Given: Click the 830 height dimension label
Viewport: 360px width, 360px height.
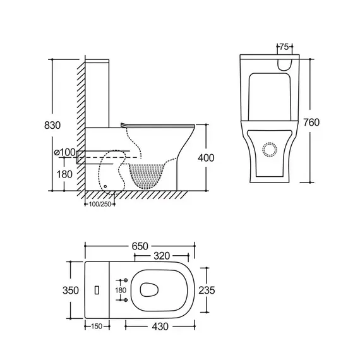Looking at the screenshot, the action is [52, 125].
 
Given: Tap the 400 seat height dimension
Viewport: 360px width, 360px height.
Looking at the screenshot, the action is [206, 158].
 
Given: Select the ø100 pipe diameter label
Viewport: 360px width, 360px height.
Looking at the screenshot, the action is [65, 152].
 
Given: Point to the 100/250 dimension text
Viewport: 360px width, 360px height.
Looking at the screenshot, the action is [100, 204].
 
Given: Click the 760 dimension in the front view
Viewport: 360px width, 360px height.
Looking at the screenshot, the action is [311, 123].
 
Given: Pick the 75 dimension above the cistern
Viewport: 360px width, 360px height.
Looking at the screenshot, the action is [284, 47].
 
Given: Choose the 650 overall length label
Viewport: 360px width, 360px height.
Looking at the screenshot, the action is [140, 246].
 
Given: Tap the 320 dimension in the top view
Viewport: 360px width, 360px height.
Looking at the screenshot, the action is [162, 256].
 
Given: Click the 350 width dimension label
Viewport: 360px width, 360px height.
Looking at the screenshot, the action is [71, 290].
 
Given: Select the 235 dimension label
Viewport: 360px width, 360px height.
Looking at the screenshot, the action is [207, 290].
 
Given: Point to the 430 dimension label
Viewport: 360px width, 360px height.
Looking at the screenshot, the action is [160, 327].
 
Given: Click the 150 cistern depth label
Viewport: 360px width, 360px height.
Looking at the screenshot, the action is [97, 327].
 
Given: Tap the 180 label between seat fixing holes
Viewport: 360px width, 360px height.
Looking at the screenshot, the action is [121, 290].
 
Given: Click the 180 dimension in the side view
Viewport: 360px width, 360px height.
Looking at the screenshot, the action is [64, 174].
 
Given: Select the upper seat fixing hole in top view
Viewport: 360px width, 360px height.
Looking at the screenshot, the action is [126, 280].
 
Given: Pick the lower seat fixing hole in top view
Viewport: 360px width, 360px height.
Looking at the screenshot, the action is [126, 300].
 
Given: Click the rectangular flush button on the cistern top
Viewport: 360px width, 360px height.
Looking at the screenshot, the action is [97, 290].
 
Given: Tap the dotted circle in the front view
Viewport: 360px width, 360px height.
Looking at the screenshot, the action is [270, 150].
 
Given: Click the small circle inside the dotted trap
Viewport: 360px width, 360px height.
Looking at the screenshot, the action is [105, 186].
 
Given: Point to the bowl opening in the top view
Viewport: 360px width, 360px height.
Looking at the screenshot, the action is [149, 290].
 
